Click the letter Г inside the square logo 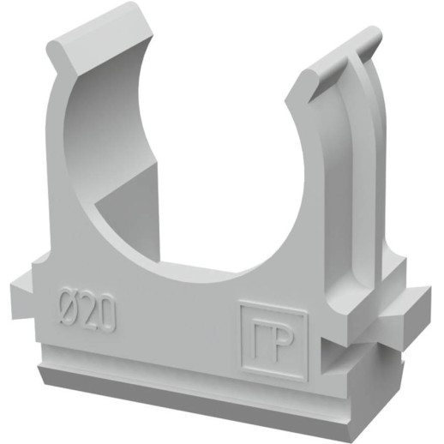(261, 339)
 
